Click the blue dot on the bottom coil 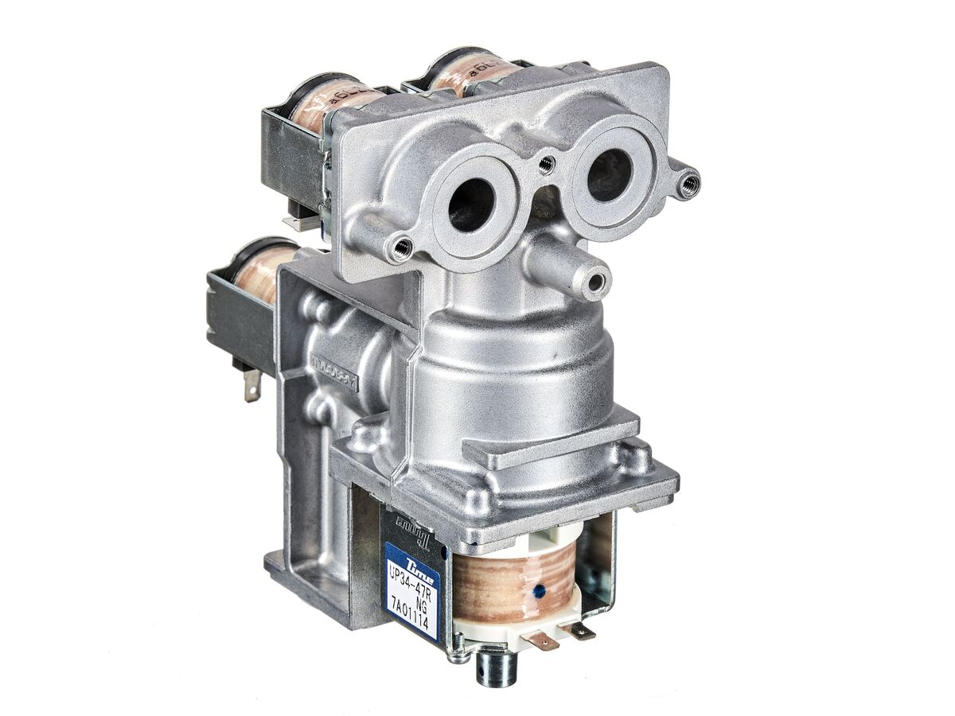[540, 591]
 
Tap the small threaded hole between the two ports [546, 165]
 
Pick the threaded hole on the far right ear [690, 184]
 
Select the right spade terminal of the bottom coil [579, 631]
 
